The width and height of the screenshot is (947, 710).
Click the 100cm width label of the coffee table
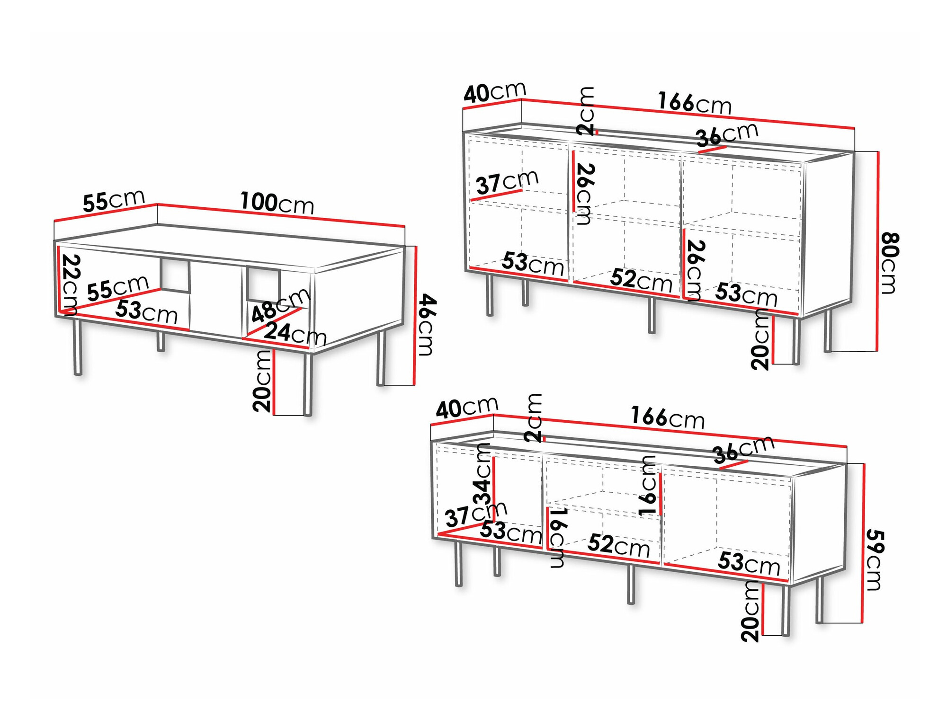click(277, 203)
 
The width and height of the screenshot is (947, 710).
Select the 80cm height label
click(889, 263)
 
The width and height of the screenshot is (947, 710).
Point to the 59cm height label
click(874, 560)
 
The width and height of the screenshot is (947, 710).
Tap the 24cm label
click(295, 334)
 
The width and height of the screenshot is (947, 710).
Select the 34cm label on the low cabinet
click(482, 475)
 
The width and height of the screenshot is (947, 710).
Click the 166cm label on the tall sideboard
click(695, 103)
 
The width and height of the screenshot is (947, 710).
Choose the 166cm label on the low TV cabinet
click(668, 418)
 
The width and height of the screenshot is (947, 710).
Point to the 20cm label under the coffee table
click(262, 381)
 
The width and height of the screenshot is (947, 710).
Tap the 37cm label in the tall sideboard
click(507, 182)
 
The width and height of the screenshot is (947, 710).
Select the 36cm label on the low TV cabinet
click(743, 450)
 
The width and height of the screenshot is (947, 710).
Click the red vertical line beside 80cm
click(878, 251)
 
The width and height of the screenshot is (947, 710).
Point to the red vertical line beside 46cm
click(415, 316)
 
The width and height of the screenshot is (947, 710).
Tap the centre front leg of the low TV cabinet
click(631, 585)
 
